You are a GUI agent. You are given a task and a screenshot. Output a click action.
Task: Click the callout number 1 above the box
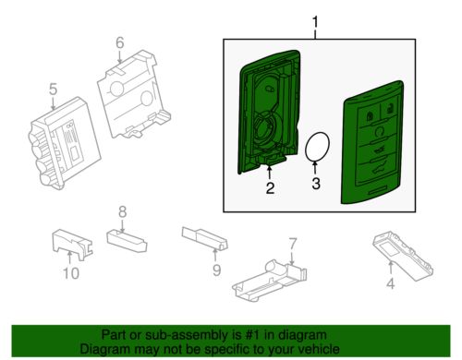click(x=315, y=21)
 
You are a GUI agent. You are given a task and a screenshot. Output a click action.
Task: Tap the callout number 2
click(x=269, y=190)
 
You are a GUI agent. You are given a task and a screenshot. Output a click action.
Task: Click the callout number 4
click(x=390, y=284)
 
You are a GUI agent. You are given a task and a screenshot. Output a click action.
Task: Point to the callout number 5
click(x=53, y=90)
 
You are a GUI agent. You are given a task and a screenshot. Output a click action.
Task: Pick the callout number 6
click(x=119, y=42)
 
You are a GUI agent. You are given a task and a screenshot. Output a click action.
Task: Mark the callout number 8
click(x=122, y=212)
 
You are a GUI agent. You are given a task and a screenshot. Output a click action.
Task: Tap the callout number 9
click(x=216, y=270)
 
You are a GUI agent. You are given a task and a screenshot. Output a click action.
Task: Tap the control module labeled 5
click(x=61, y=138)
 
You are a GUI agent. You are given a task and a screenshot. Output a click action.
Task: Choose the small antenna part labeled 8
click(x=127, y=239)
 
